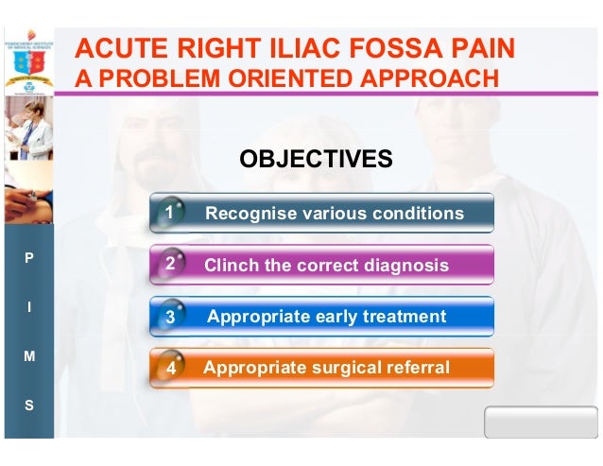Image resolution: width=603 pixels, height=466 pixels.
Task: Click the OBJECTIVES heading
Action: tap(316, 159)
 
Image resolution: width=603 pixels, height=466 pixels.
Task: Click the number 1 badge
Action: tap(168, 213)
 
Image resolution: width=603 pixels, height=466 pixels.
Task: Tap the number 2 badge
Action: tap(169, 265)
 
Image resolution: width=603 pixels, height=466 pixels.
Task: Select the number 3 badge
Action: tap(170, 317)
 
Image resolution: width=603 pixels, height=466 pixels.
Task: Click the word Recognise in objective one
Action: tap(249, 214)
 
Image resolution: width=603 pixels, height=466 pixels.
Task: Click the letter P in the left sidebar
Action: tap(28, 257)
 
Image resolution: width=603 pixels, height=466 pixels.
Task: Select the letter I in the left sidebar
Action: tap(28, 307)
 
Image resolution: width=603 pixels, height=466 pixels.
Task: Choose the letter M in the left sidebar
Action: tap(28, 356)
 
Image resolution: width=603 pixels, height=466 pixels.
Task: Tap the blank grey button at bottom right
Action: tap(541, 423)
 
